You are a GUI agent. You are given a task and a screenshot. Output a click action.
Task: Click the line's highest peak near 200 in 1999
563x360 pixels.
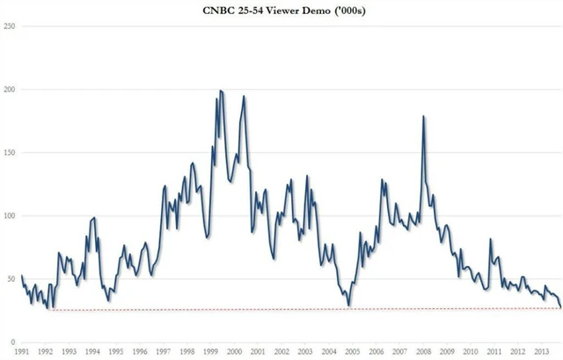click(220, 91)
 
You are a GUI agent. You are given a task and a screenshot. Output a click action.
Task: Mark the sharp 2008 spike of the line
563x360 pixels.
click(424, 116)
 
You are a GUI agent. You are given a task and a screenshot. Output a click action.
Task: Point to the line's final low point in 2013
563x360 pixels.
click(560, 307)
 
